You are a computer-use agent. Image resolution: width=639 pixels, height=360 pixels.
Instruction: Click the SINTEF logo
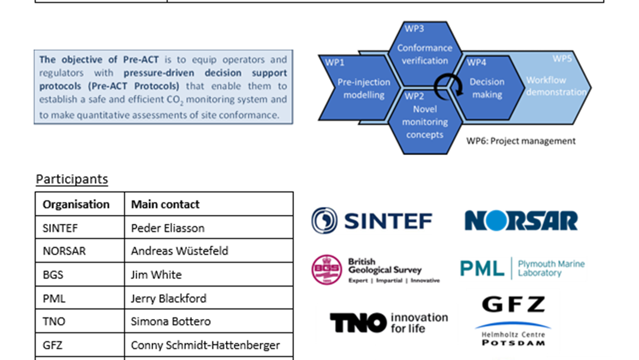pyautogui.click(x=372, y=221)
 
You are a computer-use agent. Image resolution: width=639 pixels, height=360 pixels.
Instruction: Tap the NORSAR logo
pyautogui.click(x=521, y=221)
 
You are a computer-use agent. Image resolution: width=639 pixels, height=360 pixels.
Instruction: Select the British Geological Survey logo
pyautogui.click(x=376, y=270)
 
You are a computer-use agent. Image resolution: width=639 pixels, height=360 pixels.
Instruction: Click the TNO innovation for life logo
pyautogui.click(x=388, y=322)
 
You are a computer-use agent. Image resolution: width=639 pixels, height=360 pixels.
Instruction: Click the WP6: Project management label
pyautogui.click(x=521, y=141)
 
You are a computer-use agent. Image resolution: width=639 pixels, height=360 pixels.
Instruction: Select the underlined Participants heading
pyautogui.click(x=72, y=179)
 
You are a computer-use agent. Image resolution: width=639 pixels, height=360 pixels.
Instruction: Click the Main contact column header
pyautogui.click(x=165, y=204)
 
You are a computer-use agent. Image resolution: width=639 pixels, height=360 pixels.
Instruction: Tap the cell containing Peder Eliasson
pyautogui.click(x=167, y=227)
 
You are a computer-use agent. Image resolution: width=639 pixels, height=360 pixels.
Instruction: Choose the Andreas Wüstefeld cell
pyautogui.click(x=179, y=251)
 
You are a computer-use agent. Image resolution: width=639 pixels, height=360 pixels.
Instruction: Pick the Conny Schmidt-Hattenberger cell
pyautogui.click(x=205, y=345)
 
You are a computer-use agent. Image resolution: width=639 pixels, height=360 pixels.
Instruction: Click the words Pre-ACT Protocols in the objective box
pyautogui.click(x=151, y=86)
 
